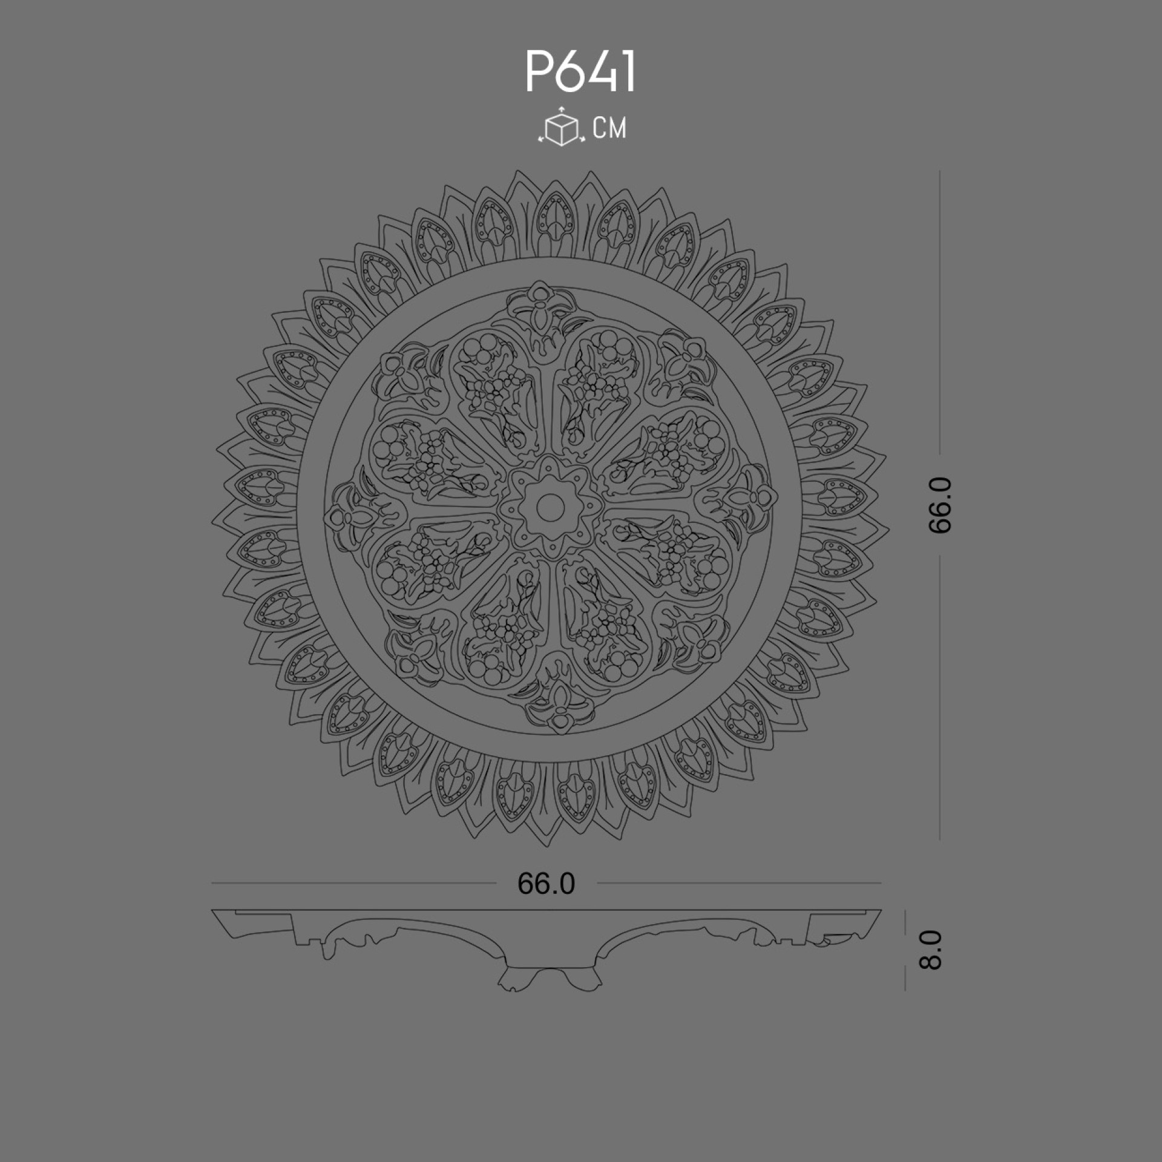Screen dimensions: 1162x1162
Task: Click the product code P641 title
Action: point(580,72)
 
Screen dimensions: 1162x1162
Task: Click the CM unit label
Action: point(610,128)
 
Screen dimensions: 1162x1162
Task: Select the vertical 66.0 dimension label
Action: point(940,505)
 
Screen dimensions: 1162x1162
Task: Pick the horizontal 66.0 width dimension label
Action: point(546,884)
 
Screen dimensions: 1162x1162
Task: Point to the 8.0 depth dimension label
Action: point(931,950)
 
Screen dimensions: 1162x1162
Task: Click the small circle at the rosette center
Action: point(550,504)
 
